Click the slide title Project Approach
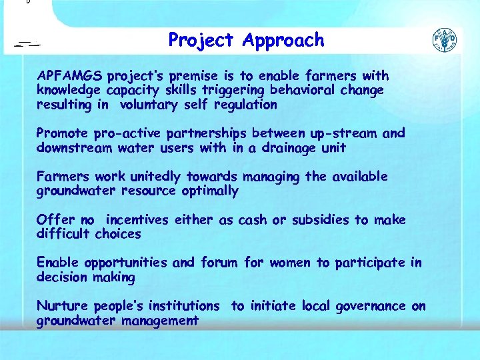click(246, 41)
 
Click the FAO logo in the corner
click(445, 41)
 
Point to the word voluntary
click(148, 104)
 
